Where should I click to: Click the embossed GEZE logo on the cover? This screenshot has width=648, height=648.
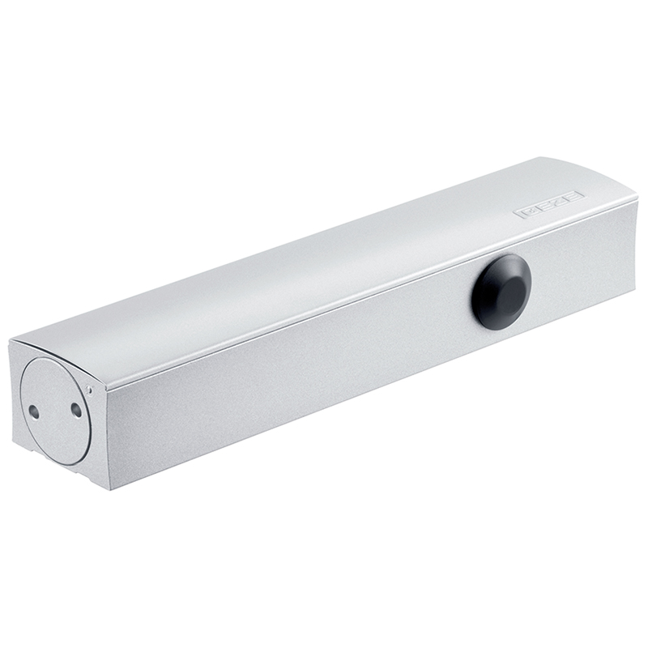point(548,205)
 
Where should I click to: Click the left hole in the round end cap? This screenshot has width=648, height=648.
point(34,412)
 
